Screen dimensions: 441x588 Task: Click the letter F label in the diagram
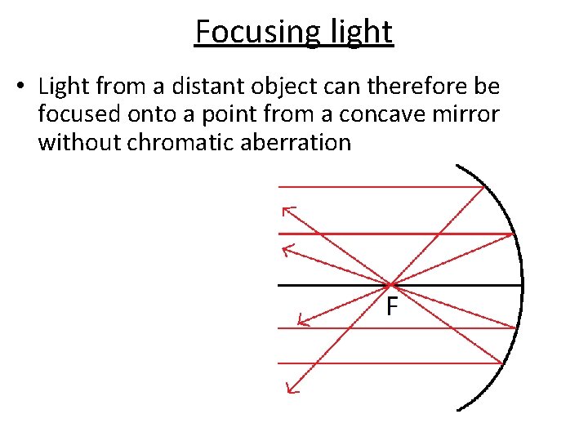392,307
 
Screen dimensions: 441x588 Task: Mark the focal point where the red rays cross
391,285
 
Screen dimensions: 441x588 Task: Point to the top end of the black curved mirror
457,167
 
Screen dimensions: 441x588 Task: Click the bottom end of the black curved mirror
458,409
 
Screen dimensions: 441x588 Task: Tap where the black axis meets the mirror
522,285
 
